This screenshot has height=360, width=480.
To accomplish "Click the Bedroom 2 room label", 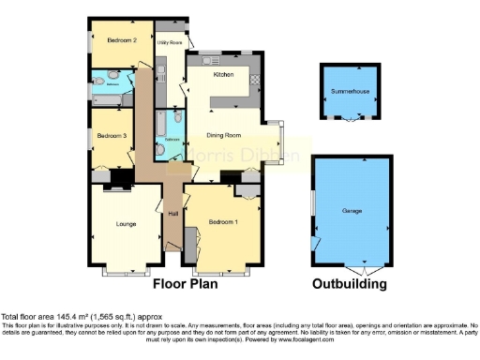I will pos(122,40).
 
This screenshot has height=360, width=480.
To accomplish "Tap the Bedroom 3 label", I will pos(111,137).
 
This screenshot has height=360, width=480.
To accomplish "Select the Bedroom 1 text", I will pos(222,221).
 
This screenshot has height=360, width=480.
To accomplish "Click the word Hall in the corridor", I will pos(172,214).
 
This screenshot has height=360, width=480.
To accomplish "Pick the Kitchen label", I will pos(223,73).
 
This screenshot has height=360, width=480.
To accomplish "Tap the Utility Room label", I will pos(169,42).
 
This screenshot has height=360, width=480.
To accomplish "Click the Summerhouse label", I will pos(350,92).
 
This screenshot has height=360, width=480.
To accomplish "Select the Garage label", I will pos(352,210).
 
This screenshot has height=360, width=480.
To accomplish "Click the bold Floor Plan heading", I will pos(190,283).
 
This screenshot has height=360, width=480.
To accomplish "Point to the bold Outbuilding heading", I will pos(350,283).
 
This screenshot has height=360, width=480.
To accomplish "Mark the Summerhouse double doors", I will pos(350,120).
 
